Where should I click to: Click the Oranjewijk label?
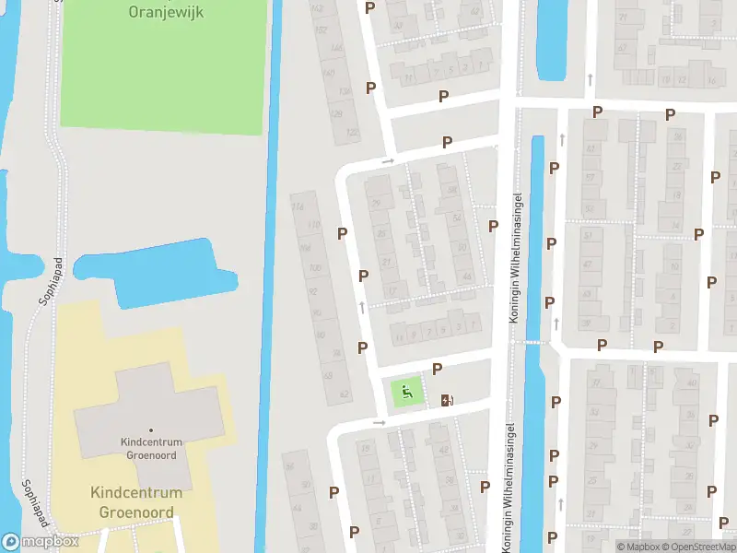pyautogui.click(x=167, y=12)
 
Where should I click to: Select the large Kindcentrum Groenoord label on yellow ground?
pyautogui.click(x=136, y=502)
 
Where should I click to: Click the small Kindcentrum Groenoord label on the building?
pyautogui.click(x=151, y=448)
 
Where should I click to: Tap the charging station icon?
pyautogui.click(x=448, y=399)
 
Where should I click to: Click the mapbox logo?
pyautogui.click(x=41, y=542)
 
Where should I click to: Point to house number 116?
pyautogui.click(x=297, y=206)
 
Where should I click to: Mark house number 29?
pyautogui.click(x=374, y=205)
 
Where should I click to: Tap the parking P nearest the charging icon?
pyautogui.click(x=437, y=369)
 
